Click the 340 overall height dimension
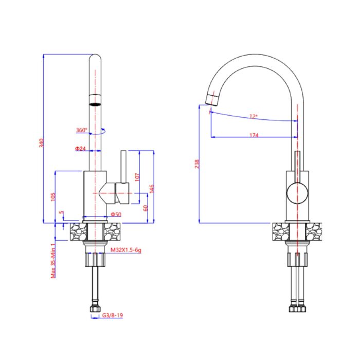[x=41, y=143]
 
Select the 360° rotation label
[x=82, y=130]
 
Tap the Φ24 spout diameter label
[x=80, y=149]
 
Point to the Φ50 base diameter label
[x=116, y=214]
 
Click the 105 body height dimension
[x=53, y=197]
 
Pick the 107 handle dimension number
[x=137, y=177]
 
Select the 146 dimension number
[x=152, y=189]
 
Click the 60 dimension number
[x=146, y=208]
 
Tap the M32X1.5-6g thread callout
[x=126, y=250]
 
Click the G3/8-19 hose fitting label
[x=113, y=315]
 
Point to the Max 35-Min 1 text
[x=53, y=261]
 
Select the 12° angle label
[x=254, y=116]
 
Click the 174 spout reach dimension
[x=254, y=135]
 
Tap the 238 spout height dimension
[x=197, y=164]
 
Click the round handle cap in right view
[x=297, y=193]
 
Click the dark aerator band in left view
[x=95, y=104]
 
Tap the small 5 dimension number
[x=61, y=212]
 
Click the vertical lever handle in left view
[x=123, y=167]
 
